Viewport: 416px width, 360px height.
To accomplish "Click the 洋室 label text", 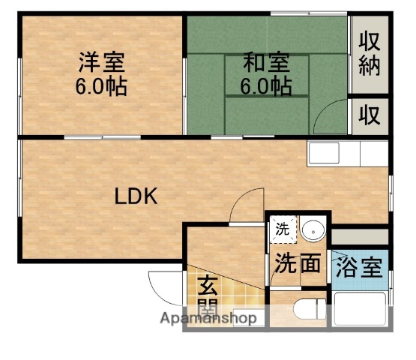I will (x=100, y=61).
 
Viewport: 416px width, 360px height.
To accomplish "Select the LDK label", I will (x=135, y=196).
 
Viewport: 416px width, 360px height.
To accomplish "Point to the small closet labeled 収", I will (x=369, y=115).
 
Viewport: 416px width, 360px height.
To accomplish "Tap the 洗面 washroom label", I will (x=298, y=264).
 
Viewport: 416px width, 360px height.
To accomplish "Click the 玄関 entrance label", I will (x=208, y=295).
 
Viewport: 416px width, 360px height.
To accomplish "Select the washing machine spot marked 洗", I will (x=282, y=230).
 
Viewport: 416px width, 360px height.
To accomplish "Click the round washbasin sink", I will (x=313, y=229).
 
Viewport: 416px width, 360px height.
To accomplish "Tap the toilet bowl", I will (x=307, y=309).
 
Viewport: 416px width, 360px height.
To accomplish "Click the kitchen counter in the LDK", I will (x=346, y=154).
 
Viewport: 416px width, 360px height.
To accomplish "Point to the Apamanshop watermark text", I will (x=209, y=318).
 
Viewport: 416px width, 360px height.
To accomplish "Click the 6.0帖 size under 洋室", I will (x=100, y=86).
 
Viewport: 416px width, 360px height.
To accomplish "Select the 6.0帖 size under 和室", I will (x=266, y=86).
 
